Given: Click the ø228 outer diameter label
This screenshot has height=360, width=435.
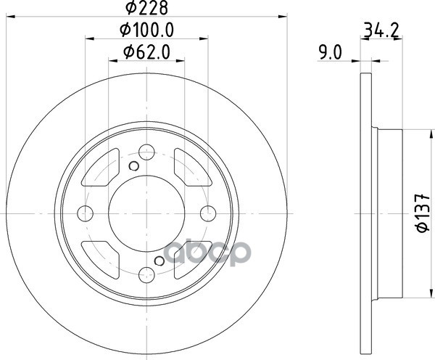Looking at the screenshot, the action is (146, 7).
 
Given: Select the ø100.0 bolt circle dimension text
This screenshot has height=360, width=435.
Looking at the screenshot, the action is (146, 30).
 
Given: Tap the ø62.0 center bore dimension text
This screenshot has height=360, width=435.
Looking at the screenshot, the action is (146, 52).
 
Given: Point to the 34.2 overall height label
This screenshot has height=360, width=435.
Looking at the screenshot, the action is (381, 30).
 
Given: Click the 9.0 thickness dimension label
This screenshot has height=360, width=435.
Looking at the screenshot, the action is (330, 52).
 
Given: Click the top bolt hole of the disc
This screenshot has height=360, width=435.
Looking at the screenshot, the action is (146, 152).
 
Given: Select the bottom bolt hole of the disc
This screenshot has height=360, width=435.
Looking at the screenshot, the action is (146, 275).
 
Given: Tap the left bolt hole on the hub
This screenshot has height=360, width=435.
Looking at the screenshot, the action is (85, 213).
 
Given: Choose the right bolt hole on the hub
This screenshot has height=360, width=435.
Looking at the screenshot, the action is (208, 213).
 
